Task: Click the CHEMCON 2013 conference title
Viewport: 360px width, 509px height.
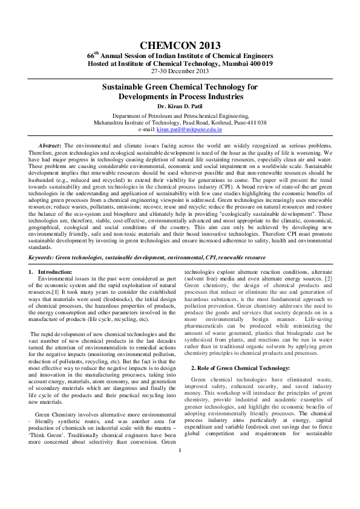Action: [180, 45]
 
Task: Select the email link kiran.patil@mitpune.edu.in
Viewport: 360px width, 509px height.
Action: [189, 129]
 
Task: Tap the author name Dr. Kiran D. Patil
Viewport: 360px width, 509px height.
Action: [180, 106]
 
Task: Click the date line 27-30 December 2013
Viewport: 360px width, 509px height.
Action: [180, 71]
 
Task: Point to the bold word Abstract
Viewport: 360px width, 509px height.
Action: [49, 146]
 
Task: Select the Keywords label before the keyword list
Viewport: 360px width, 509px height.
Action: [42, 258]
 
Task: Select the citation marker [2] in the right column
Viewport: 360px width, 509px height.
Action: [329, 279]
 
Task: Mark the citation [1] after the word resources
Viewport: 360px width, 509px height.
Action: [55, 291]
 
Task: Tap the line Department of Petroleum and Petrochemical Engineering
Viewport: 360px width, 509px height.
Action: [180, 115]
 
